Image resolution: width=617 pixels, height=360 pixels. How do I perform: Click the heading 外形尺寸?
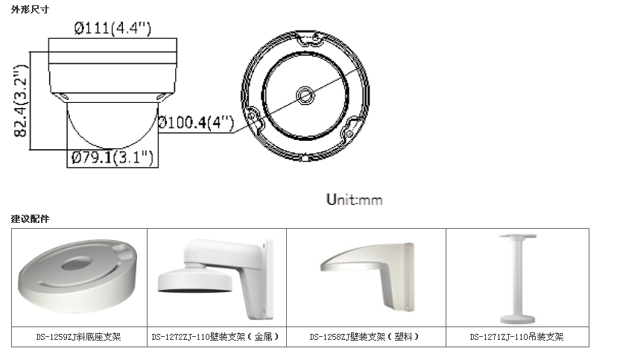pyautogui.click(x=30, y=10)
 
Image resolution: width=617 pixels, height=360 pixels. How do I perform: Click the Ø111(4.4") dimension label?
pyautogui.click(x=113, y=28)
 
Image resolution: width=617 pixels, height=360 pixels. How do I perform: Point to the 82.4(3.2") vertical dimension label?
pyautogui.click(x=21, y=101)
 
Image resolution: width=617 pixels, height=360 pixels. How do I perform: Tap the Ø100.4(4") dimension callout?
pyautogui.click(x=196, y=122)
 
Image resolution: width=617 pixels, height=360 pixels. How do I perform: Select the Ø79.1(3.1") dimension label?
pyautogui.click(x=113, y=158)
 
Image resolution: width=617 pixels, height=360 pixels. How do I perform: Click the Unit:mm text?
pyautogui.click(x=354, y=200)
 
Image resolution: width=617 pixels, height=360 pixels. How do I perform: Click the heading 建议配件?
pyautogui.click(x=30, y=218)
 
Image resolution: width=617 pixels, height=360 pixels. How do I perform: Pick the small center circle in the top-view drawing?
pyautogui.click(x=305, y=95)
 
